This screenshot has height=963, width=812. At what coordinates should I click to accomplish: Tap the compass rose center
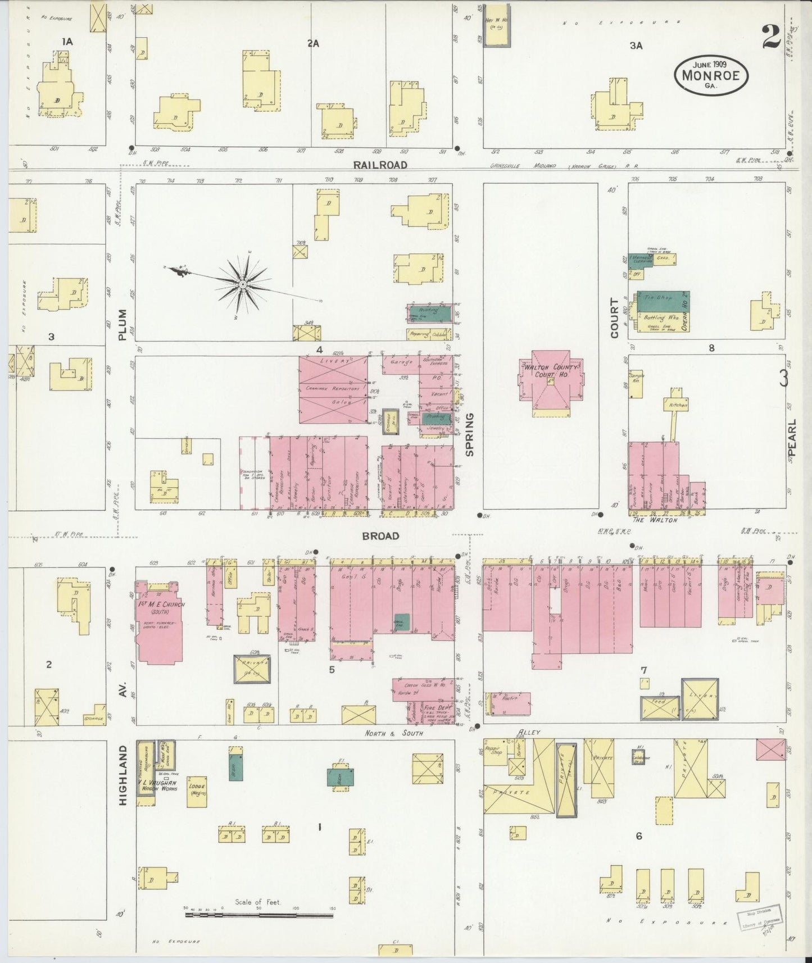pyautogui.click(x=242, y=285)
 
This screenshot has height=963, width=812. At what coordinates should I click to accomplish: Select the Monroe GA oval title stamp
pyautogui.click(x=711, y=74)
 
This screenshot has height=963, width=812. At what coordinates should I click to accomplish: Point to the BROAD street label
pyautogui.click(x=380, y=535)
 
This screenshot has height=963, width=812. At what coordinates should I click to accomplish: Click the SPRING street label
pyautogui.click(x=470, y=434)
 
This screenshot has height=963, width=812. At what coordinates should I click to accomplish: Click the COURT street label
pyautogui.click(x=614, y=319)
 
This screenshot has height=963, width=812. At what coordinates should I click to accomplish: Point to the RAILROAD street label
pyautogui.click(x=380, y=165)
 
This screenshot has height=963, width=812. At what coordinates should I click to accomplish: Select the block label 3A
pyautogui.click(x=636, y=46)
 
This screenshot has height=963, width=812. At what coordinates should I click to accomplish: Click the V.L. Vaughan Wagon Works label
pyautogui.click(x=158, y=785)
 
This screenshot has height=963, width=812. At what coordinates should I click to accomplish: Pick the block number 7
pyautogui.click(x=643, y=670)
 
